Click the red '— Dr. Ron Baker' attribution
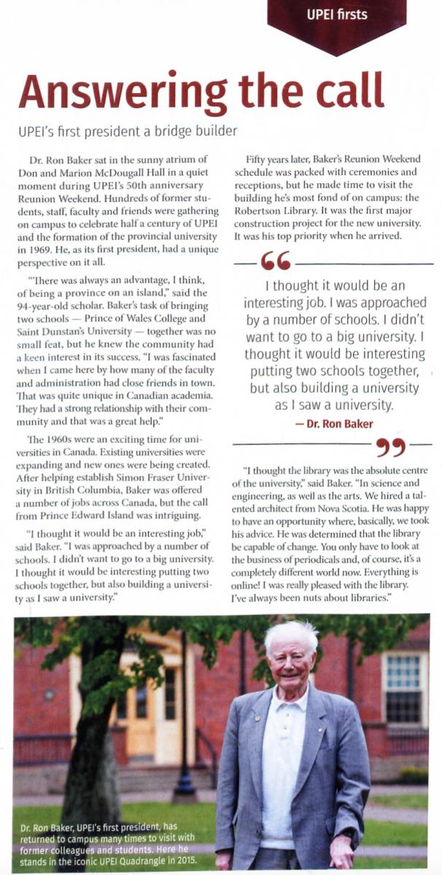coord(335,424)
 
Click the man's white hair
coord(291,631)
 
